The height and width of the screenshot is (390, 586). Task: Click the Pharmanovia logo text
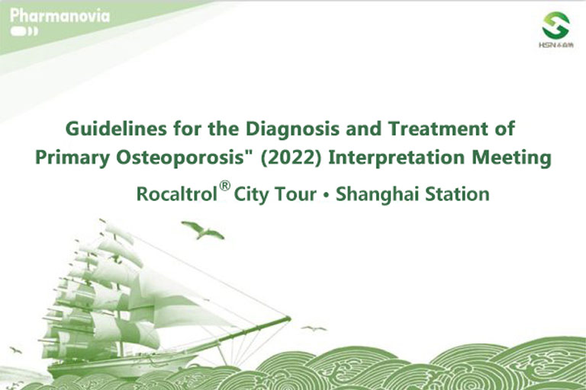(60, 16)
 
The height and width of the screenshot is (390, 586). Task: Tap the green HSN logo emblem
(555, 25)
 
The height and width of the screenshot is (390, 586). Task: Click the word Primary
(72, 158)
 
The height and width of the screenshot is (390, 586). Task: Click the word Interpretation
(397, 158)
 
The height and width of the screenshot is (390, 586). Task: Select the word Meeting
(511, 158)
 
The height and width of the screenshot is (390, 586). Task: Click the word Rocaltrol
(177, 194)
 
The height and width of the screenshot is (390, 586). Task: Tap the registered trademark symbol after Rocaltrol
(224, 186)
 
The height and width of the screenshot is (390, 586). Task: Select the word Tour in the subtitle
(295, 194)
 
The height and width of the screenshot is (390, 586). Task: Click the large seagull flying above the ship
(202, 229)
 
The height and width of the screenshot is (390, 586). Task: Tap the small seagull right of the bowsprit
(314, 329)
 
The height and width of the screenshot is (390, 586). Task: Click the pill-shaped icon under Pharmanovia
(24, 31)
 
